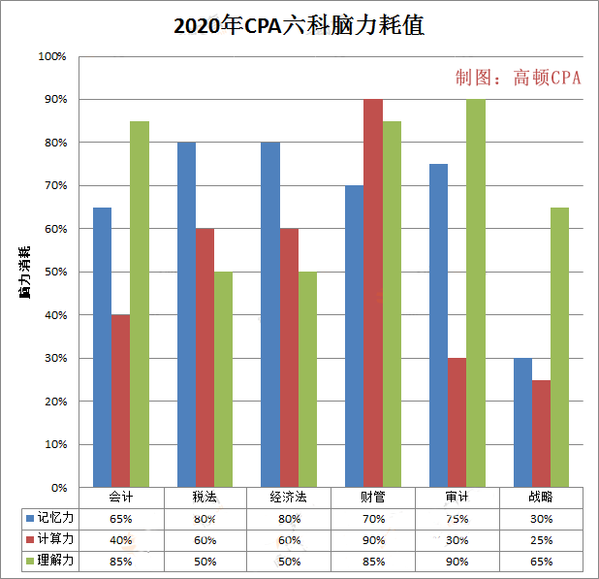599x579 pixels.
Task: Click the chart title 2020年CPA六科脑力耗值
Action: pyautogui.click(x=299, y=27)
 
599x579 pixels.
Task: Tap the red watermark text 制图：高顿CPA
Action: pyautogui.click(x=518, y=79)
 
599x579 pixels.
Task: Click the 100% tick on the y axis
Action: pyautogui.click(x=51, y=56)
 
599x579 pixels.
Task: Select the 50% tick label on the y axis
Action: pyautogui.click(x=53, y=273)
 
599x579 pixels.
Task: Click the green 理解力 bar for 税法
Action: pyautogui.click(x=224, y=379)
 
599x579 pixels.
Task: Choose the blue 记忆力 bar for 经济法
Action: pyautogui.click(x=270, y=315)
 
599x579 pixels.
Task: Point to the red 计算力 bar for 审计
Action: pyautogui.click(x=457, y=423)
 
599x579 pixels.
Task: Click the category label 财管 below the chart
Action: pyautogui.click(x=373, y=498)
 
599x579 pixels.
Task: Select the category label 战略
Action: pyautogui.click(x=541, y=498)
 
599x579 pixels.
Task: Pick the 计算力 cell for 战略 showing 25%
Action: pyautogui.click(x=541, y=540)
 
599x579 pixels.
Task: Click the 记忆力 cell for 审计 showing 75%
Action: pyautogui.click(x=457, y=519)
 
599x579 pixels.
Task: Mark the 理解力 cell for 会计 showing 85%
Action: pyautogui.click(x=121, y=562)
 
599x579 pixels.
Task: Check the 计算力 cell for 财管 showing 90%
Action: pyautogui.click(x=373, y=540)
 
